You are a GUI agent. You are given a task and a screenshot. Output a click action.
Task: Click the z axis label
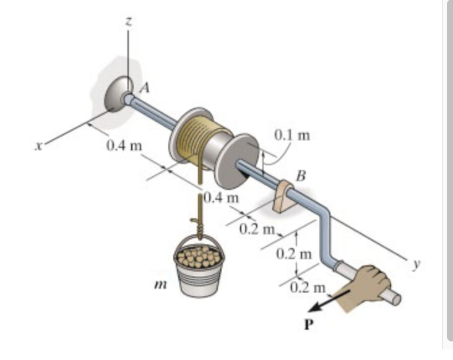128,21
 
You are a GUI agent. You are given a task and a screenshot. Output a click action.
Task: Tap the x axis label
39,146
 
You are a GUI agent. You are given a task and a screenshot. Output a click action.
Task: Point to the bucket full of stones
199,265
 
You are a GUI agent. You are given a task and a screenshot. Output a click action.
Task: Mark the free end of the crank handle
395,300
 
